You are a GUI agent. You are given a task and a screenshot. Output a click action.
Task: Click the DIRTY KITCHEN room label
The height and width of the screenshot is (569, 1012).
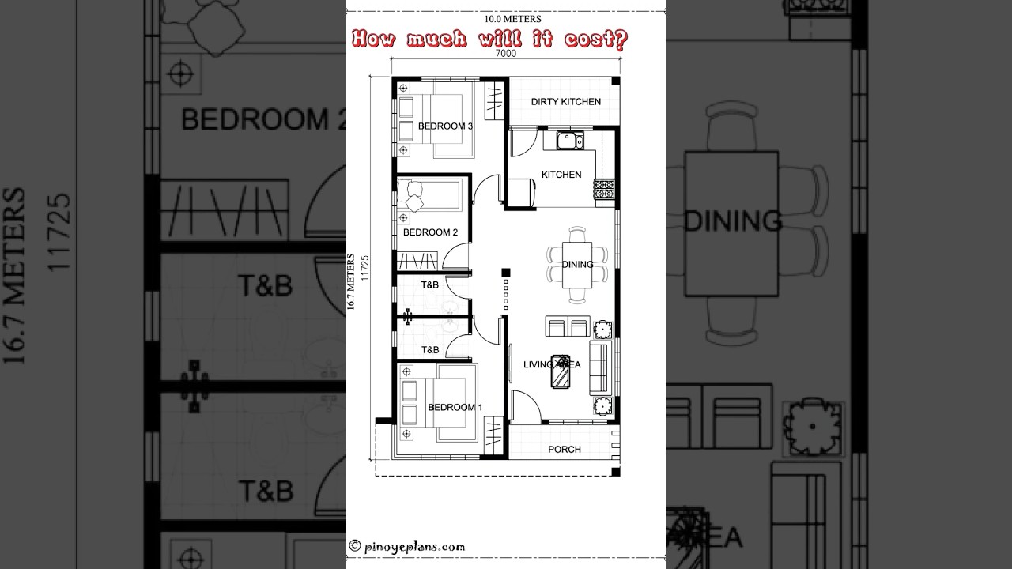(x=565, y=101)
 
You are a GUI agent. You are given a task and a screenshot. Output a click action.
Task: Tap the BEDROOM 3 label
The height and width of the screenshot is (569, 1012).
(x=445, y=126)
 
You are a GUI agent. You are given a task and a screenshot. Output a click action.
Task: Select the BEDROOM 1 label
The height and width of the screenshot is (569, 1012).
(x=455, y=407)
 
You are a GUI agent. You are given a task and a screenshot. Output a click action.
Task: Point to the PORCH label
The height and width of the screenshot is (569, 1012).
(x=565, y=449)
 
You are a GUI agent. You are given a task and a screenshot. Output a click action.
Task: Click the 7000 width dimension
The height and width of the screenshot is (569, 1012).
(x=506, y=54)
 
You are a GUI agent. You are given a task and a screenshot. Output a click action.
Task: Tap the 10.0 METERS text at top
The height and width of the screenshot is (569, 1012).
(x=506, y=18)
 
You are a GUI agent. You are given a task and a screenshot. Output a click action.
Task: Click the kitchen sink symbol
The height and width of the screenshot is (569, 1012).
(x=568, y=141)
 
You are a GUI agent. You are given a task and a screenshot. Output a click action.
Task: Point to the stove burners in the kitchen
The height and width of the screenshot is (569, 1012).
(x=604, y=189)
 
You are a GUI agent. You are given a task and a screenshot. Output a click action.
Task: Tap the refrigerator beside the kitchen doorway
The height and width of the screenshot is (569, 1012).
(x=521, y=192)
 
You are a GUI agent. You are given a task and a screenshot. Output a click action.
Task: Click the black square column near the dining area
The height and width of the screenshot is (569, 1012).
(x=506, y=273)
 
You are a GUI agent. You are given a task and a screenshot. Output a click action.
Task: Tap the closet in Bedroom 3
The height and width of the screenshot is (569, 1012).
(x=494, y=100)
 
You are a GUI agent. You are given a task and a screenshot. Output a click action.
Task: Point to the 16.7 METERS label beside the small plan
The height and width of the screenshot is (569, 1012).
(x=350, y=284)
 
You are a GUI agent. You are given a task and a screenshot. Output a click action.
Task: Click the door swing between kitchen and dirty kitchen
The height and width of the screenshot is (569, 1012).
(x=522, y=144)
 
